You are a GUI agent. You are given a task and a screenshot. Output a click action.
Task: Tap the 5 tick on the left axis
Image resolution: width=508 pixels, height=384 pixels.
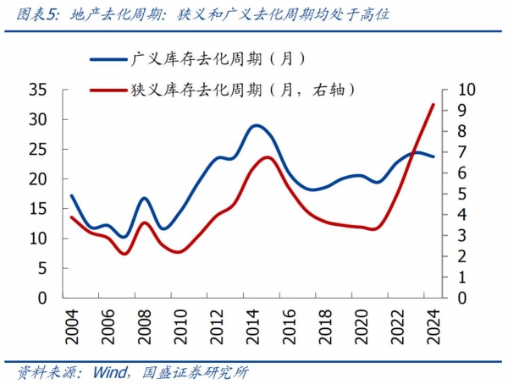coord(44,268)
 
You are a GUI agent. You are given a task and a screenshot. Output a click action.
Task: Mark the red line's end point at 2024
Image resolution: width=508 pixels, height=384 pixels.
coord(433,105)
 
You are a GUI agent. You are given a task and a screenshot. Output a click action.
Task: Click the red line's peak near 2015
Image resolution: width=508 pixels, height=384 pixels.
coord(268,157)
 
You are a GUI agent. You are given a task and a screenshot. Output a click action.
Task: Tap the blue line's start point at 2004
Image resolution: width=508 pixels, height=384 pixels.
coord(72,195)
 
